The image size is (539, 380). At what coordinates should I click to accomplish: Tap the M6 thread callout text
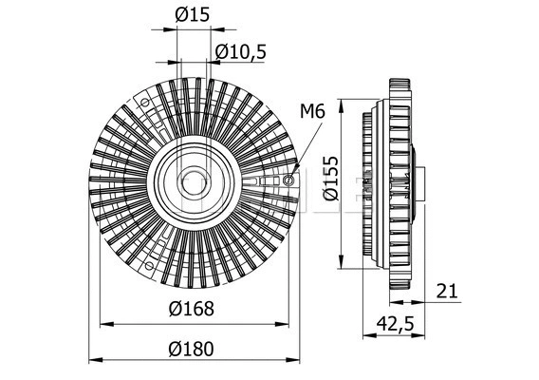coord(312,111)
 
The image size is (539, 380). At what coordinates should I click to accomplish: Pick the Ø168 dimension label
coord(194,309)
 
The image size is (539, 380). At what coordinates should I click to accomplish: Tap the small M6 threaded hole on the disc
coord(288,180)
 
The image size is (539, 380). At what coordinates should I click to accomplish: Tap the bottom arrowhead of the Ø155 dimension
coord(341,261)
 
